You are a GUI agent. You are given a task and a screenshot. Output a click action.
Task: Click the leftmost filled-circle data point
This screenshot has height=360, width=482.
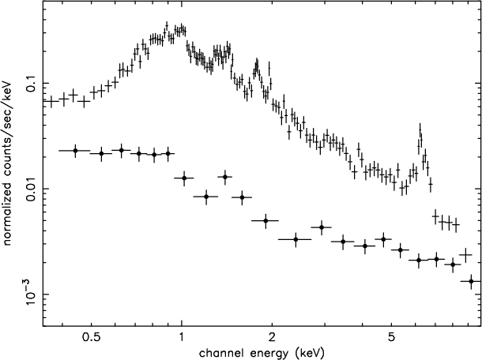[x=75, y=150]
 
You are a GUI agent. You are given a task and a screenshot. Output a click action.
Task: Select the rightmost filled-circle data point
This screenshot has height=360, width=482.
[x=472, y=281]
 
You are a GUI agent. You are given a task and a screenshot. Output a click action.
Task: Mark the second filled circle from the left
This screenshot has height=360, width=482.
[x=101, y=153]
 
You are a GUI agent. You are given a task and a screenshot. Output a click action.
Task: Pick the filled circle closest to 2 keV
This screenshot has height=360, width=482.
[x=265, y=220]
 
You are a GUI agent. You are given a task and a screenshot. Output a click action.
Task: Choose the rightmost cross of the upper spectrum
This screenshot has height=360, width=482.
[x=466, y=254]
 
